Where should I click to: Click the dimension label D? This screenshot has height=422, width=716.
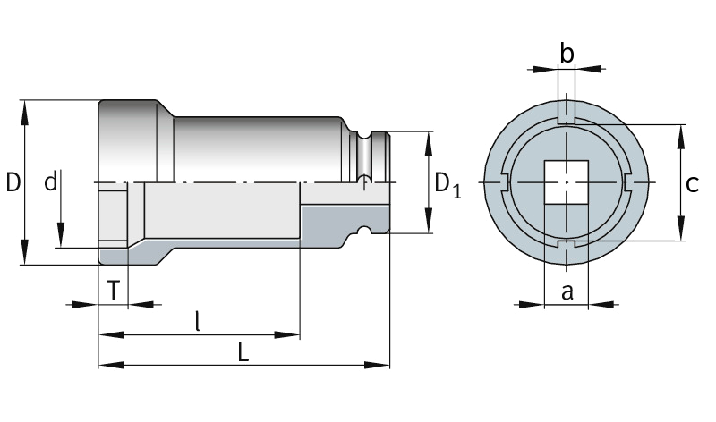13,182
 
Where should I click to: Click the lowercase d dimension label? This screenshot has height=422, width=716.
51,182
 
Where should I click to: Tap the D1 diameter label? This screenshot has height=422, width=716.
447,184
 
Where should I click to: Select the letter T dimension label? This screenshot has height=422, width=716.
113,290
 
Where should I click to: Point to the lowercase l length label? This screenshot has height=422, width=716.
198,320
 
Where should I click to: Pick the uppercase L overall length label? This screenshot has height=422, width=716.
243,351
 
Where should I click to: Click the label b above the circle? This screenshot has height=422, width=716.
567,54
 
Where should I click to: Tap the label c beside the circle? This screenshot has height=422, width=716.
691,184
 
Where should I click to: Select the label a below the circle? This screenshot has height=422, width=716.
567,291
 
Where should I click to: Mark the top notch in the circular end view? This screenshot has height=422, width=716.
567,112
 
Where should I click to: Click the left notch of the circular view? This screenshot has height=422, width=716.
505,183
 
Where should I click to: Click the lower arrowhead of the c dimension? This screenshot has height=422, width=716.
682,234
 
